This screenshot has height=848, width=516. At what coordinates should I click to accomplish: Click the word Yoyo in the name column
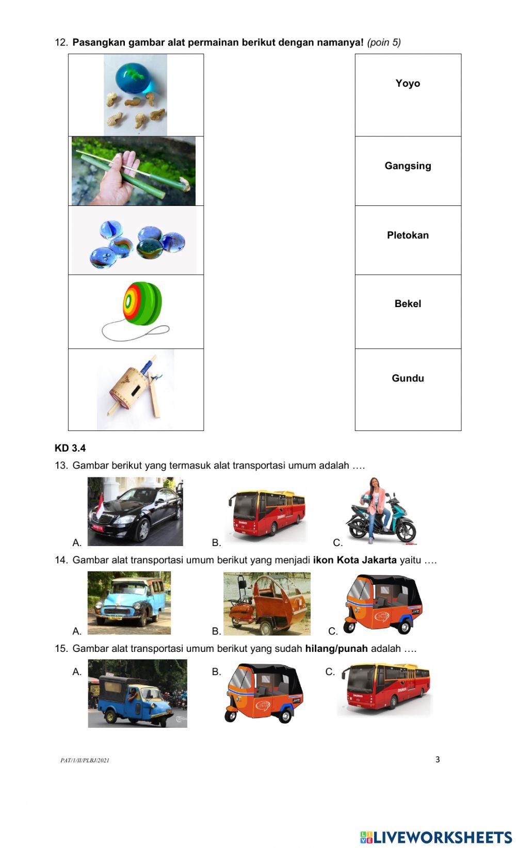pos(408,84)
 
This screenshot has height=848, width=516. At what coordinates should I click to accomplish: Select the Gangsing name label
pos(408,166)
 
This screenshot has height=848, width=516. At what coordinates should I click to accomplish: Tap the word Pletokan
pos(408,235)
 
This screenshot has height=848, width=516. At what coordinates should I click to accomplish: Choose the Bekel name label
pos(408,304)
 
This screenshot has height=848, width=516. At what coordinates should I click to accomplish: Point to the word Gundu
pos(408,378)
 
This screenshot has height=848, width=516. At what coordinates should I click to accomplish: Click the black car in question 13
pos(135,512)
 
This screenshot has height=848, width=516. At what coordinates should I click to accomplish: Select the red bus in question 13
pos(267,513)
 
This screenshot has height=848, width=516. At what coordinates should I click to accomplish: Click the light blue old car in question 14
pos(129,603)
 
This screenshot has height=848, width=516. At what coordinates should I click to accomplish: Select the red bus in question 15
pos(384,690)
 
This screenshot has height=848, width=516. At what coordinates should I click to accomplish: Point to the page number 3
pos(438,759)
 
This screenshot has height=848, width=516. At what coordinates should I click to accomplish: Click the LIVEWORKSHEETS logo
pos(436,837)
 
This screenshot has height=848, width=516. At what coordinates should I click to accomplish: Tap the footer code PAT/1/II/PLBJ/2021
pos(85,760)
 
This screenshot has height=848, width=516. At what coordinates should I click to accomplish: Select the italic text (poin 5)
pos(384,42)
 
